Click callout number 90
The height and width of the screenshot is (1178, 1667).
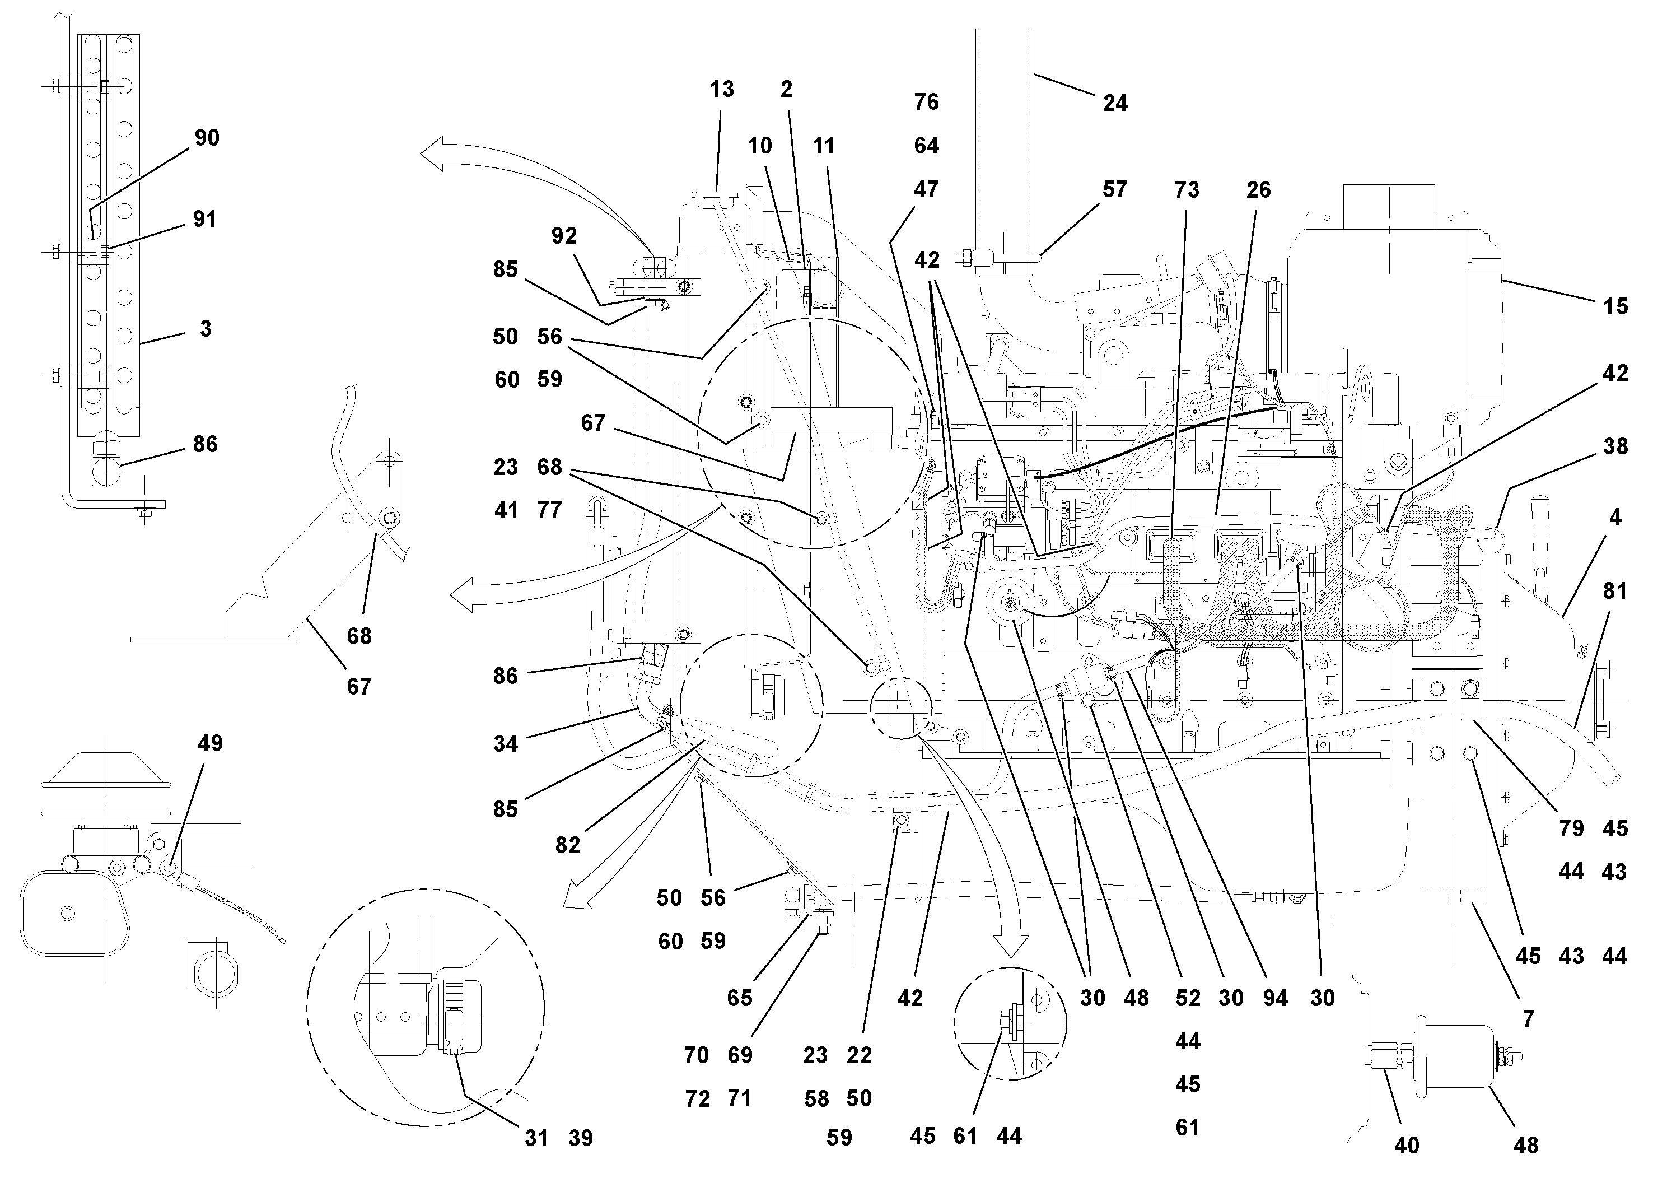207,137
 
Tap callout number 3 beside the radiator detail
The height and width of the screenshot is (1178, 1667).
206,328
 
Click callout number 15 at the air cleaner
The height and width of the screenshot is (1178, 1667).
1615,306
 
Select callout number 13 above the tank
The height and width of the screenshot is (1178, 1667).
722,89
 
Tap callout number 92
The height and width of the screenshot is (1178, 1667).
564,235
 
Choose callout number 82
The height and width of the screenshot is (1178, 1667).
568,845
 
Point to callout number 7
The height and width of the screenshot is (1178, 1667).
1528,1019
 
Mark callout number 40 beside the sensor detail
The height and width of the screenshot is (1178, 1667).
1407,1146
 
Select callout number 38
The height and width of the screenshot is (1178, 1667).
1615,446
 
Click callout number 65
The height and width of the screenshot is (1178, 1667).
740,998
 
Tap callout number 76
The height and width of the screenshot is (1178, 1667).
926,102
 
